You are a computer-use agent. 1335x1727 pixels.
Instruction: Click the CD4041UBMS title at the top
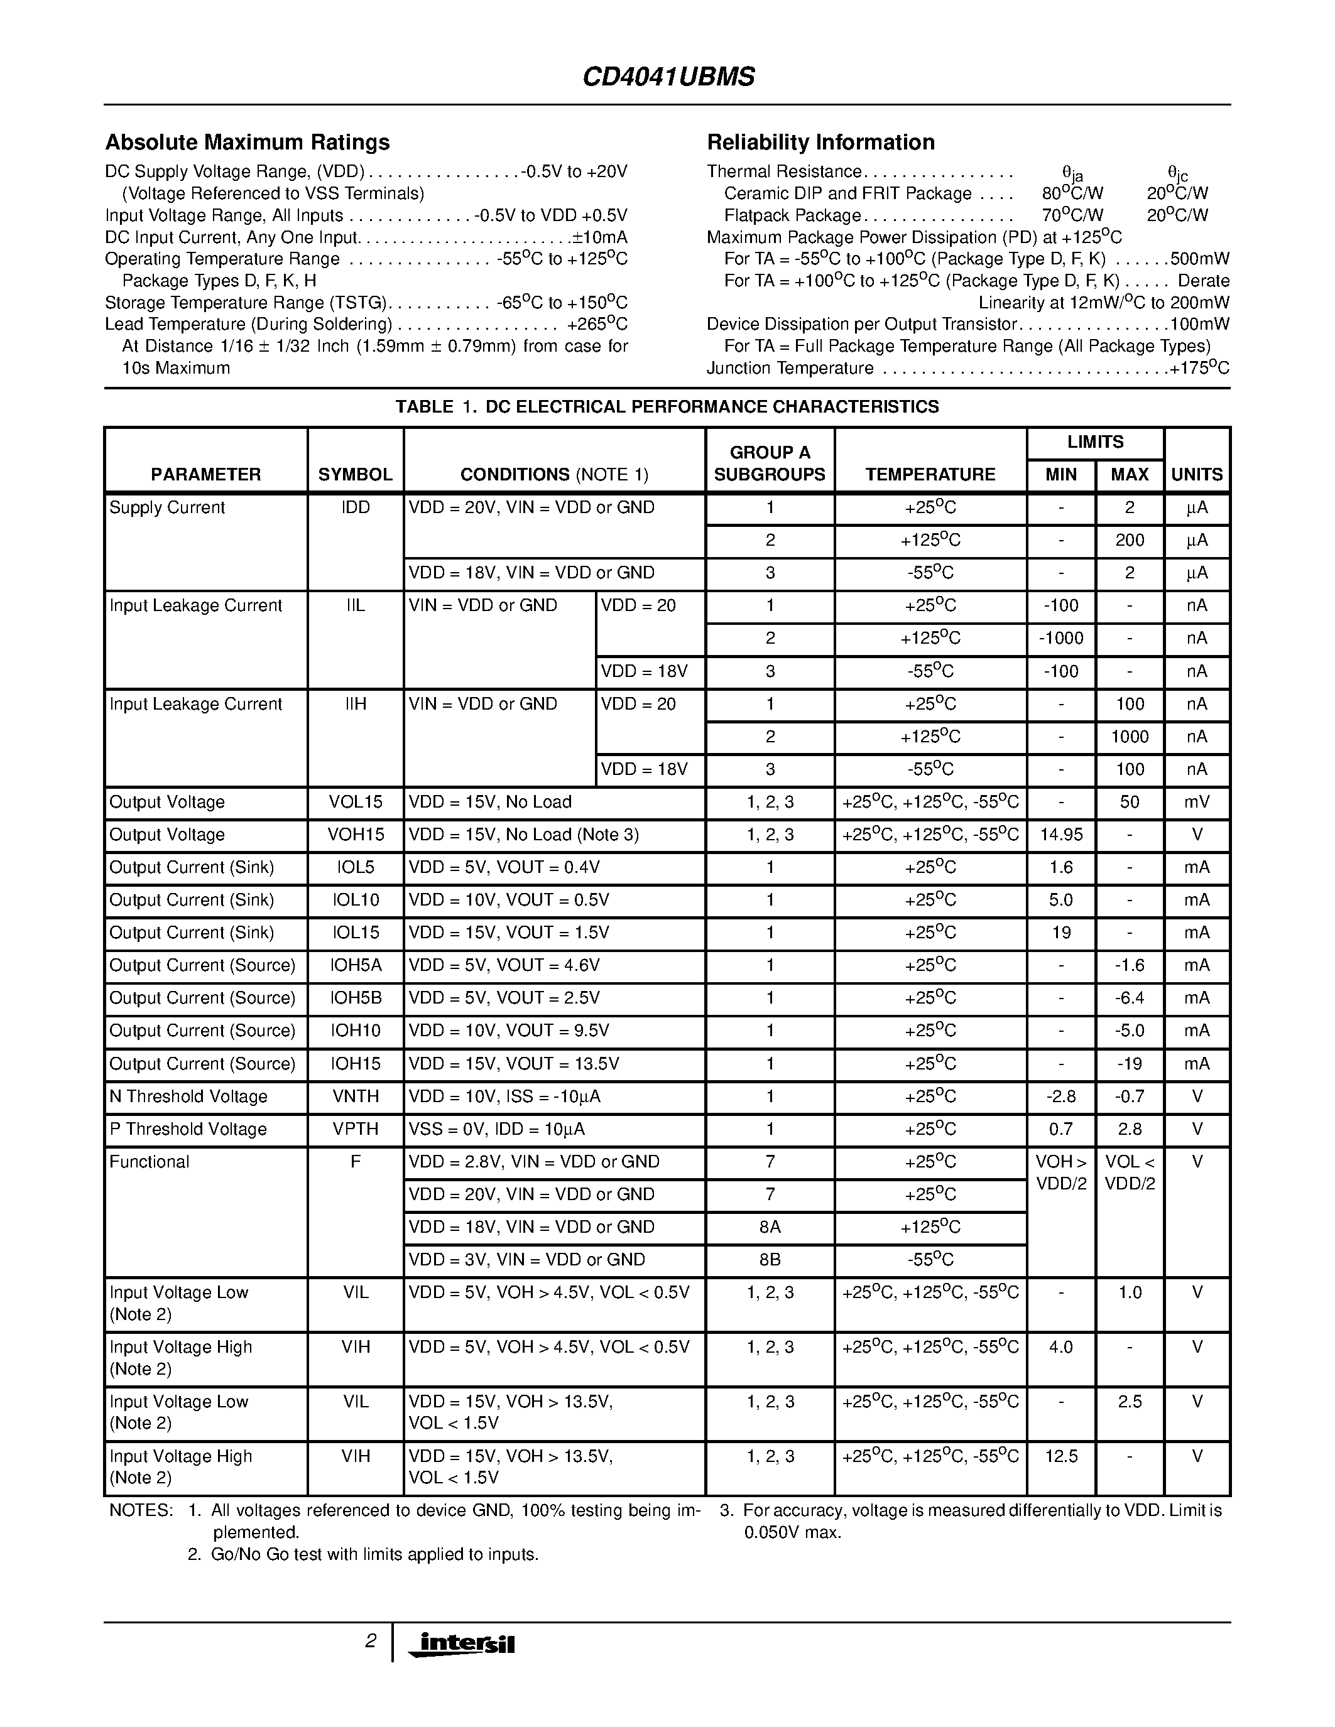[x=668, y=77]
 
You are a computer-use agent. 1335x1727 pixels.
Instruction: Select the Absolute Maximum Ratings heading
[x=247, y=143]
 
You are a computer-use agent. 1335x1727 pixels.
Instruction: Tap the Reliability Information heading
[x=820, y=143]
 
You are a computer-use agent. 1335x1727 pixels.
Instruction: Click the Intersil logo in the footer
[x=462, y=1643]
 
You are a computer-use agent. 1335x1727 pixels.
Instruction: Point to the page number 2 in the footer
[x=369, y=1641]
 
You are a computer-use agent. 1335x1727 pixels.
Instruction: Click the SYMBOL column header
[x=355, y=474]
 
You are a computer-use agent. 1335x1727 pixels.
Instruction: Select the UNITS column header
[x=1196, y=474]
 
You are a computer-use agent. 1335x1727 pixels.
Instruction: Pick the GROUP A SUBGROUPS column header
[x=769, y=463]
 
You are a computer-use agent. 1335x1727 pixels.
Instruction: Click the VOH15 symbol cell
[x=355, y=835]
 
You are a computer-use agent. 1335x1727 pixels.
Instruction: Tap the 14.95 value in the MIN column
[x=1060, y=835]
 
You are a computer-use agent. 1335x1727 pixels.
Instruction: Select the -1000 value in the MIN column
[x=1060, y=638]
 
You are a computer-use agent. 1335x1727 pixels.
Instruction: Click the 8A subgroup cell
[x=769, y=1227]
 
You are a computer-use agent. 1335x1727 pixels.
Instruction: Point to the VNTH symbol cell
[x=355, y=1096]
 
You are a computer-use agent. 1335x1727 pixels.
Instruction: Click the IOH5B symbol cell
[x=355, y=999]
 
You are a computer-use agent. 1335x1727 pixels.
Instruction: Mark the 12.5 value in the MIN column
[x=1060, y=1456]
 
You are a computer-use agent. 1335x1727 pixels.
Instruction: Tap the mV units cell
[x=1196, y=803]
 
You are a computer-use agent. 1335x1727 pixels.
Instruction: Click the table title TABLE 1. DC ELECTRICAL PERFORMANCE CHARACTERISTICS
[x=667, y=406]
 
